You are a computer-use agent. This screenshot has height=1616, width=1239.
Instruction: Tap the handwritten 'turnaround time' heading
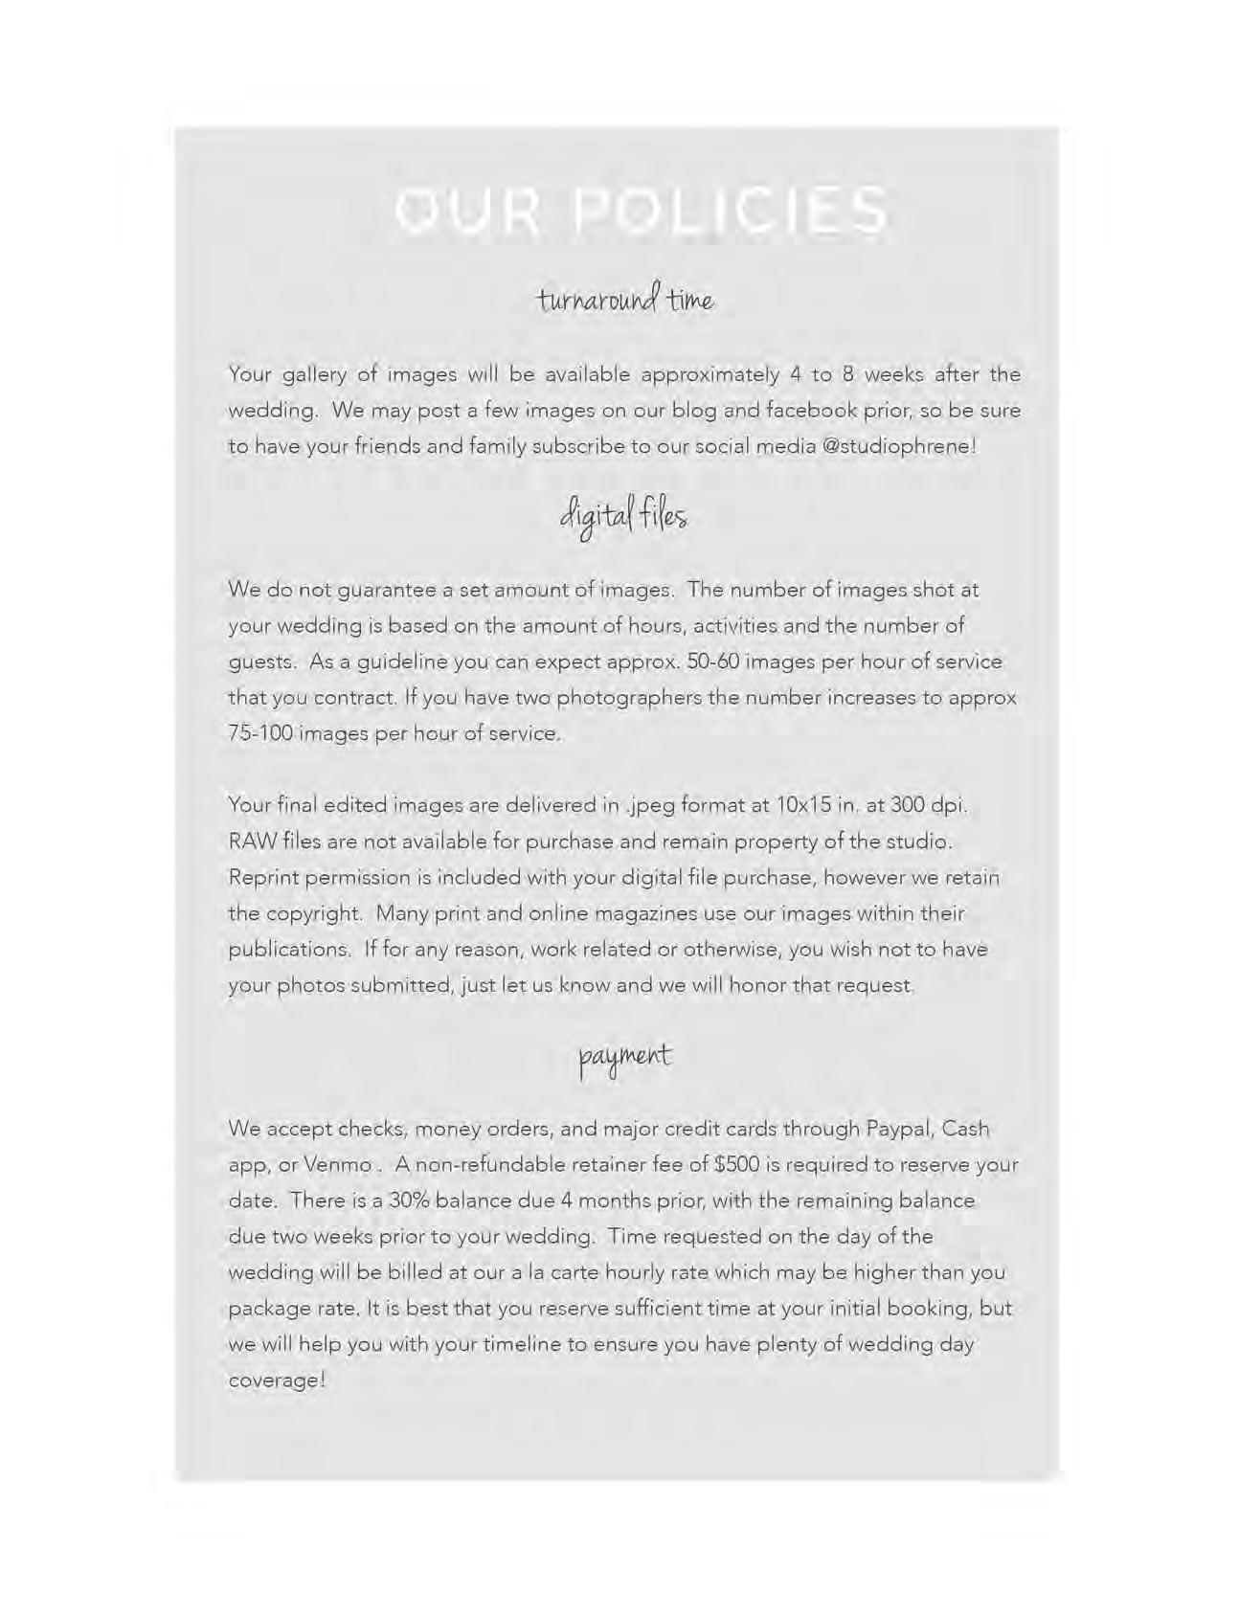(625, 299)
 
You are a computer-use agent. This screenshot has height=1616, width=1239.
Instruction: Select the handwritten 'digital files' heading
(623, 517)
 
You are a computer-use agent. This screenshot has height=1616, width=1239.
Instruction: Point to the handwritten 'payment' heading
(625, 1057)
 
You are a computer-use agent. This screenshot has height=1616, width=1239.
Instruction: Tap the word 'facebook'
(812, 411)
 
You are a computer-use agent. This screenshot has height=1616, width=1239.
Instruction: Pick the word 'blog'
(694, 411)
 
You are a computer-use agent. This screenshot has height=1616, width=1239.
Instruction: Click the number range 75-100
(259, 733)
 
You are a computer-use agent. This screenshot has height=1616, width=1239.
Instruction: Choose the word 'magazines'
(646, 913)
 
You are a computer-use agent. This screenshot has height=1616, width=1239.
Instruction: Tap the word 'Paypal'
(898, 1130)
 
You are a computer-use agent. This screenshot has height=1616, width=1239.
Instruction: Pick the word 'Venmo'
(338, 1165)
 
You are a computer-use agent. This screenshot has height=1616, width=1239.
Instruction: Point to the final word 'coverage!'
(278, 1380)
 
